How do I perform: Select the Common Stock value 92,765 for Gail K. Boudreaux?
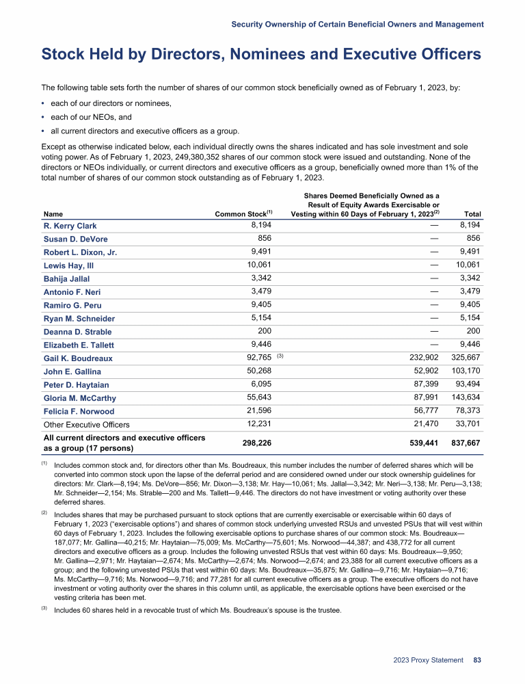(258, 357)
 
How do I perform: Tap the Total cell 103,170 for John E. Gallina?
(466, 371)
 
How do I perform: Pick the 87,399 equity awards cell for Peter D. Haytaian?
(425, 384)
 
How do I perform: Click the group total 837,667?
(462, 443)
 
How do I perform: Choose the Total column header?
(471, 214)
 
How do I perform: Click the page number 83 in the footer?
(478, 660)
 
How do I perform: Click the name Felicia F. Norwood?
(79, 411)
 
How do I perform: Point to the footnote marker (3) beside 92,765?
(280, 356)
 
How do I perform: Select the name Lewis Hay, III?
(70, 265)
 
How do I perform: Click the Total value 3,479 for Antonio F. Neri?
(469, 291)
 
